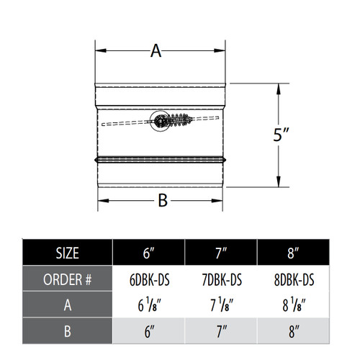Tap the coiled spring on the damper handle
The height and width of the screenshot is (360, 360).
[x=179, y=120]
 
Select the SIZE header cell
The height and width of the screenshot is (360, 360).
[x=67, y=253]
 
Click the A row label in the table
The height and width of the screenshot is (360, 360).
[x=67, y=305]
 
